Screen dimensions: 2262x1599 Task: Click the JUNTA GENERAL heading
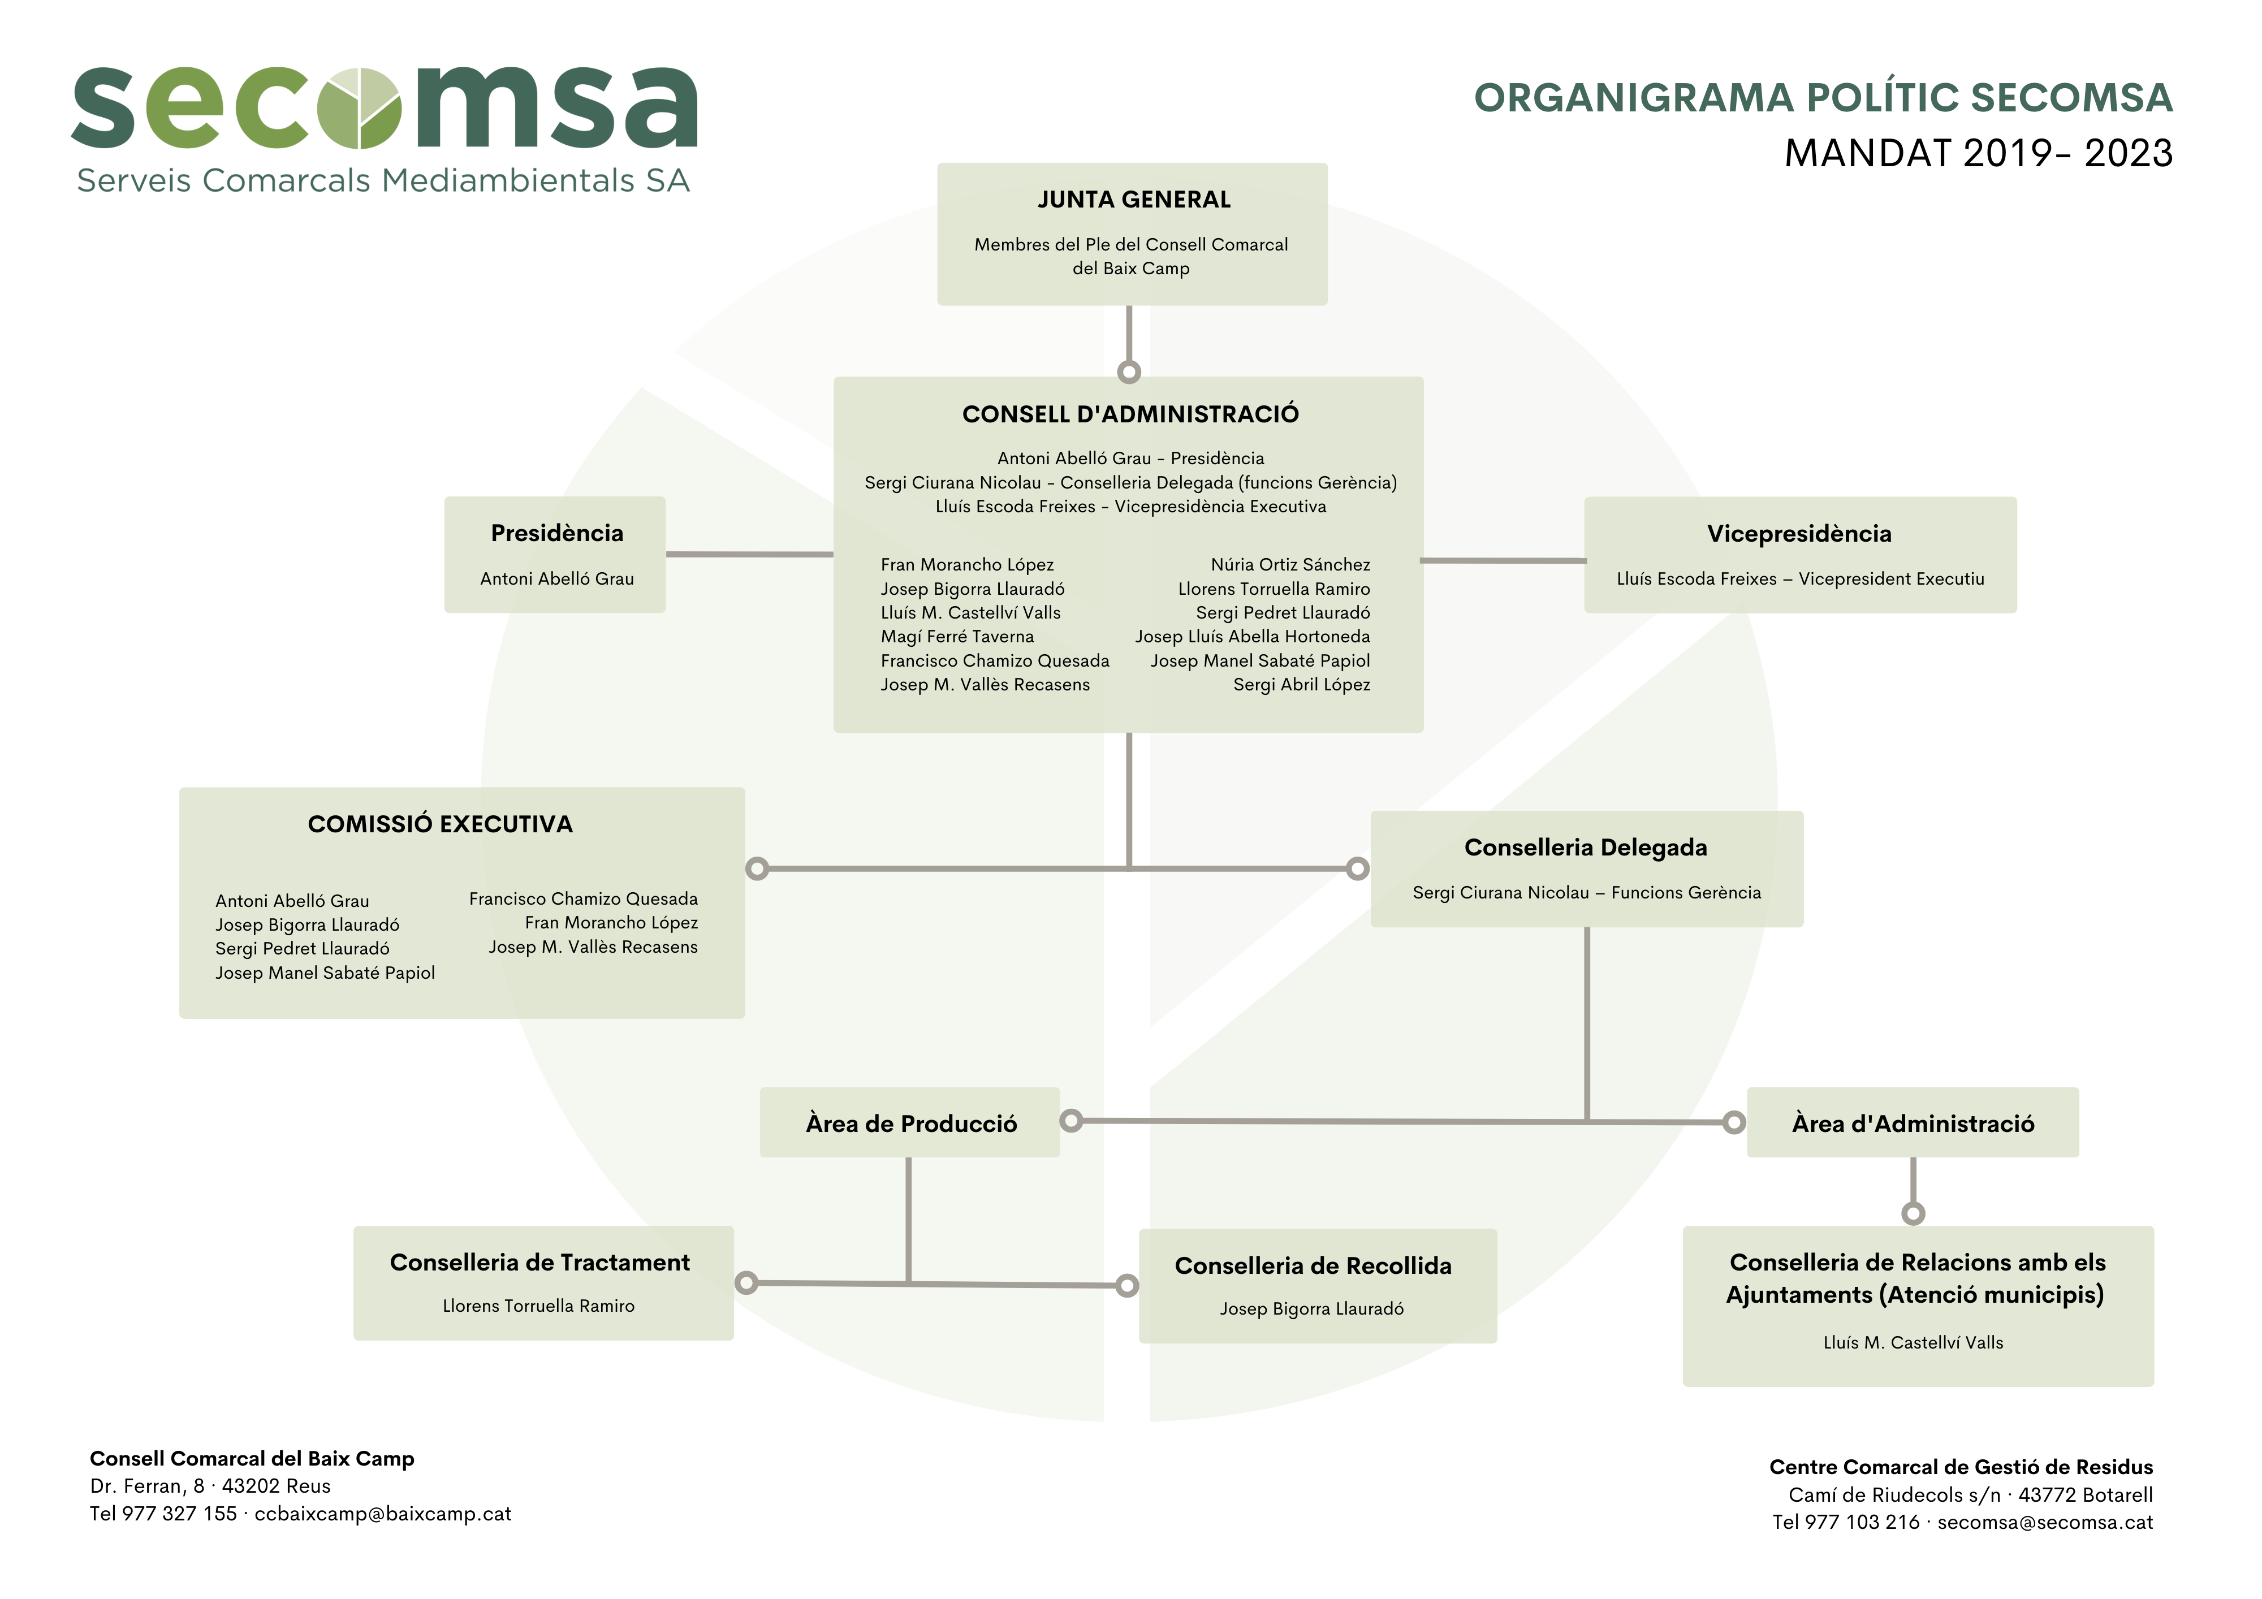pyautogui.click(x=1134, y=200)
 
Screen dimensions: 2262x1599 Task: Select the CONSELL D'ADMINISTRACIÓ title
pyautogui.click(x=1130, y=414)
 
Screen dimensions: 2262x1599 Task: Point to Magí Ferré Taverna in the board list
pyautogui.click(x=957, y=637)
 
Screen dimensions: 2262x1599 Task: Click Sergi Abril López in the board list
pyautogui.click(x=1301, y=685)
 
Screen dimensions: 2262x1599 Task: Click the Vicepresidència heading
pyautogui.click(x=1799, y=534)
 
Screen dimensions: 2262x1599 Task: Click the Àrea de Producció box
pyautogui.click(x=909, y=1122)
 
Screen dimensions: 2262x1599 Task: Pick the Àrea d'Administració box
pyautogui.click(x=1913, y=1122)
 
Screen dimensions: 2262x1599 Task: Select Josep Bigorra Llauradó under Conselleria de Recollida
pyautogui.click(x=1311, y=1310)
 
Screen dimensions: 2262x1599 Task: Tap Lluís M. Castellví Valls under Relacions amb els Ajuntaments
pyautogui.click(x=1913, y=1343)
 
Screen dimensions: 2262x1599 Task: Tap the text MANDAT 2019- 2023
pyautogui.click(x=1978, y=154)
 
